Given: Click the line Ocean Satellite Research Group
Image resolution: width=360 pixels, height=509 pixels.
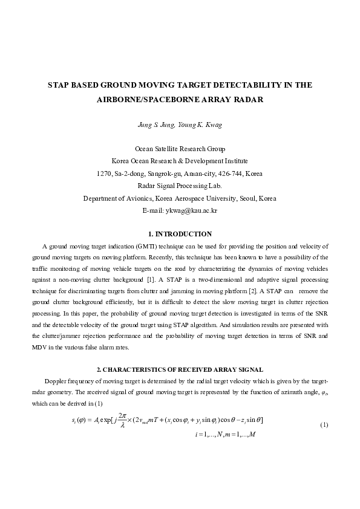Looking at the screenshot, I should click(180, 149).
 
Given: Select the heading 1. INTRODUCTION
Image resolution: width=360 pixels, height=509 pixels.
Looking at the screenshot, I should click(180, 233).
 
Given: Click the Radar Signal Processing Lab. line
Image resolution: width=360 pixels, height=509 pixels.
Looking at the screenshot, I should click(180, 186).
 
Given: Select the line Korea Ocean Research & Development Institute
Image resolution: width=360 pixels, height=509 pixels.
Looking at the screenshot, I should click(180, 161).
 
